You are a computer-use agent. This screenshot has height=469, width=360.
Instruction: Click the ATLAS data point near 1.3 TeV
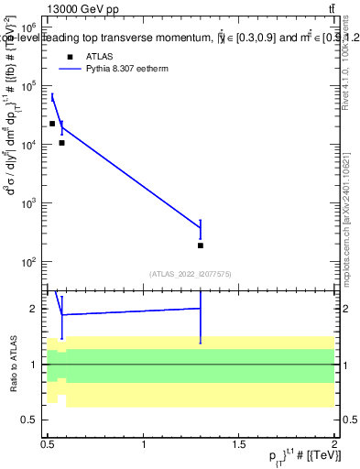click(x=201, y=245)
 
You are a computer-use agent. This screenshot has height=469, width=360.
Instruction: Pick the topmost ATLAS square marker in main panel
click(x=52, y=124)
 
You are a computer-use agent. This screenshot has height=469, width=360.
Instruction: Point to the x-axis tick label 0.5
click(x=48, y=444)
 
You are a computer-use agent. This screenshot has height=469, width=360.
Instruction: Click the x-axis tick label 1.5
click(x=239, y=444)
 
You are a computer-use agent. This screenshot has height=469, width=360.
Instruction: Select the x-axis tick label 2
click(x=334, y=444)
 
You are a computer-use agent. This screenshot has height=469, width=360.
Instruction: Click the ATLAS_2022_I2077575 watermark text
click(x=191, y=274)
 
